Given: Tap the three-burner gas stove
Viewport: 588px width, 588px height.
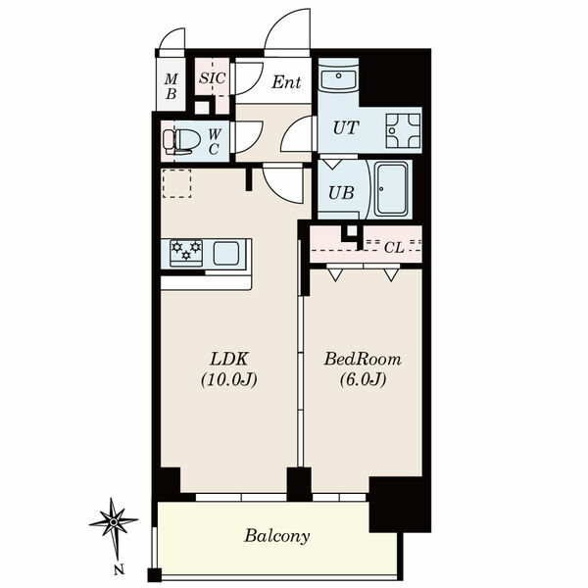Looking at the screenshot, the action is [186, 253].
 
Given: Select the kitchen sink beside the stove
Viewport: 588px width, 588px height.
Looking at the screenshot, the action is [226, 253].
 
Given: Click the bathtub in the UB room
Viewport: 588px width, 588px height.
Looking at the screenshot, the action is [391, 189].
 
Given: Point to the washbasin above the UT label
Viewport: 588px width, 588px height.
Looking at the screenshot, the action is [338, 79].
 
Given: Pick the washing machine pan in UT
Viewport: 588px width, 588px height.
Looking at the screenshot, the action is [403, 130].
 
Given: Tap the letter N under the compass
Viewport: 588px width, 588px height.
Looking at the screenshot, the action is [119, 570].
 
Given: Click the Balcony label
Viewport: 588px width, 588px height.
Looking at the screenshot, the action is [277, 536].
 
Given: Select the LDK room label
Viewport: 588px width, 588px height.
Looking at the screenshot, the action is [228, 359].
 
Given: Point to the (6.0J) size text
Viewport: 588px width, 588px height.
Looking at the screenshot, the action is [363, 380].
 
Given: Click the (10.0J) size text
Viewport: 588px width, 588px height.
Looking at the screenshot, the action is [229, 380].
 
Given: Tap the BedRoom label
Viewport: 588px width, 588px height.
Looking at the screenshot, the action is [363, 359].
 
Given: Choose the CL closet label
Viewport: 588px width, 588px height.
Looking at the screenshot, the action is [394, 248].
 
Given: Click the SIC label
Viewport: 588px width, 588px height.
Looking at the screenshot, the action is [213, 78].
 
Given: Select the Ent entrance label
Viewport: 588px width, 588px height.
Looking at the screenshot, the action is [286, 82].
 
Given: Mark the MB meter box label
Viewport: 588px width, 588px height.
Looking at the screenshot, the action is [171, 86].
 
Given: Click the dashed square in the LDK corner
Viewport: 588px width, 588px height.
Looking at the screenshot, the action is [176, 183].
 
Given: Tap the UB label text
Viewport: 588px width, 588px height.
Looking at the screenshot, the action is [341, 193].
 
